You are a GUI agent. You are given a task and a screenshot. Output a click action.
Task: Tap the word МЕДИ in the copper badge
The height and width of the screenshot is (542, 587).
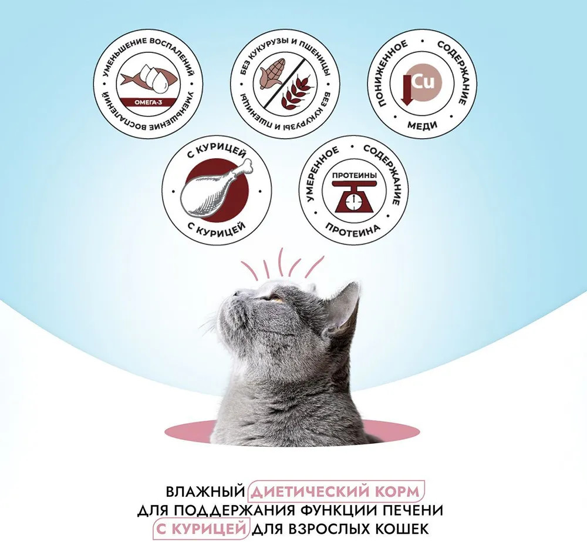tap(422, 125)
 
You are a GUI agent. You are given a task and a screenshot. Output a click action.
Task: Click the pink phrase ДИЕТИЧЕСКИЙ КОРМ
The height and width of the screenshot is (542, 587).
tap(335, 491)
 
